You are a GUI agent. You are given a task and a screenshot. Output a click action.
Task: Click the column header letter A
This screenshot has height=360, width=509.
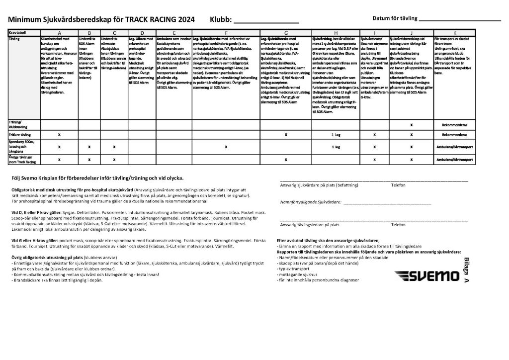click(x=59, y=33)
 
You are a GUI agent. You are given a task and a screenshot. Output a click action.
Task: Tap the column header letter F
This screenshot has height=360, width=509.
click(x=226, y=33)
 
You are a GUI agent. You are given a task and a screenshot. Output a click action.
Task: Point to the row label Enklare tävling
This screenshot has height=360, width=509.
click(x=19, y=134)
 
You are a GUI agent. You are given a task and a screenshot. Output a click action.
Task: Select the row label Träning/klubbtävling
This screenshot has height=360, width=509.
click(x=18, y=124)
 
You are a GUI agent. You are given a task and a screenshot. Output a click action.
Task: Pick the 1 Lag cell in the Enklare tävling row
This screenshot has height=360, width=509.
click(x=335, y=135)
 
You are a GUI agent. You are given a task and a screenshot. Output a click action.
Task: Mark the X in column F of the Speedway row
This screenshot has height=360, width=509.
click(x=226, y=147)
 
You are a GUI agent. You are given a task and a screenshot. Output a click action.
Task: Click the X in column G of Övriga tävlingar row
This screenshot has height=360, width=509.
click(x=286, y=160)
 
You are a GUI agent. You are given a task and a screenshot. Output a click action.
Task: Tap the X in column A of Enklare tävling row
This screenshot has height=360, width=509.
click(x=59, y=135)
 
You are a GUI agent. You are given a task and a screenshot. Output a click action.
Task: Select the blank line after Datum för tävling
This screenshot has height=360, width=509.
click(x=460, y=21)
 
